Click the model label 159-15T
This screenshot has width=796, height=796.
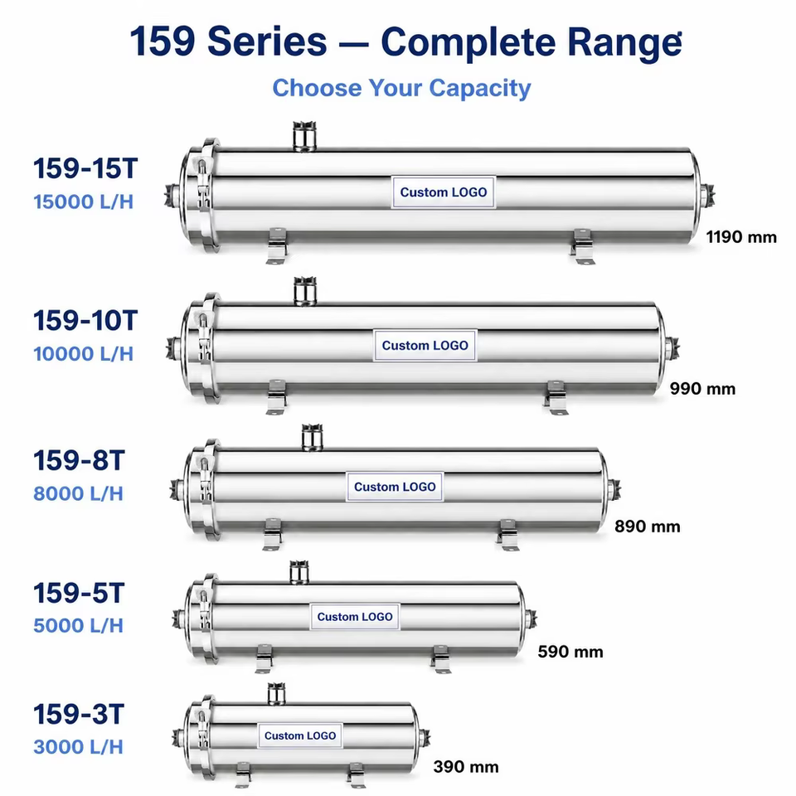[x=85, y=168]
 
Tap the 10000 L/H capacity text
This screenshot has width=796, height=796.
[x=83, y=354]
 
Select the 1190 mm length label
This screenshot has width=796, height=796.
[x=741, y=237]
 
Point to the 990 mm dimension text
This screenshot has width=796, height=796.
[x=702, y=389]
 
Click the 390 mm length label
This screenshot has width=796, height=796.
[x=466, y=766]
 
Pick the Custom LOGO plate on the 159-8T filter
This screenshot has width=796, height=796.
[x=395, y=487]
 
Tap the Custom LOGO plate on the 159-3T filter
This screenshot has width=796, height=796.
[x=300, y=735]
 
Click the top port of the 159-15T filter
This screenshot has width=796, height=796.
[x=304, y=136]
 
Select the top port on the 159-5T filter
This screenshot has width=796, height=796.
[x=299, y=572]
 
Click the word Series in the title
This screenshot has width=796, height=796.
[x=267, y=41]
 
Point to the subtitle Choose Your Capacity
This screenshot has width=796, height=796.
[x=401, y=88]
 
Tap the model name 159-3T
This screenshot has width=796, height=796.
[x=79, y=715]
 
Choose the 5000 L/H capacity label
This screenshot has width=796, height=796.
[x=78, y=626]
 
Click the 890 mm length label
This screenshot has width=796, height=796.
[x=648, y=527]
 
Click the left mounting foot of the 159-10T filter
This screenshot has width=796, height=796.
[x=277, y=397]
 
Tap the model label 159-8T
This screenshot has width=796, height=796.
[x=79, y=461]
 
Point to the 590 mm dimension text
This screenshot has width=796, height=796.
[x=570, y=652]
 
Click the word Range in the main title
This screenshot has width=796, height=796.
[x=624, y=42]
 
